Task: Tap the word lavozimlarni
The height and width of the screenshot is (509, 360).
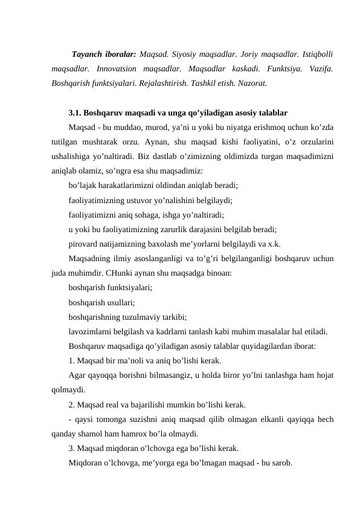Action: [90, 331]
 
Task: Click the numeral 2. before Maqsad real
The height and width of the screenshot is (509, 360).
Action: [72, 404]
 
